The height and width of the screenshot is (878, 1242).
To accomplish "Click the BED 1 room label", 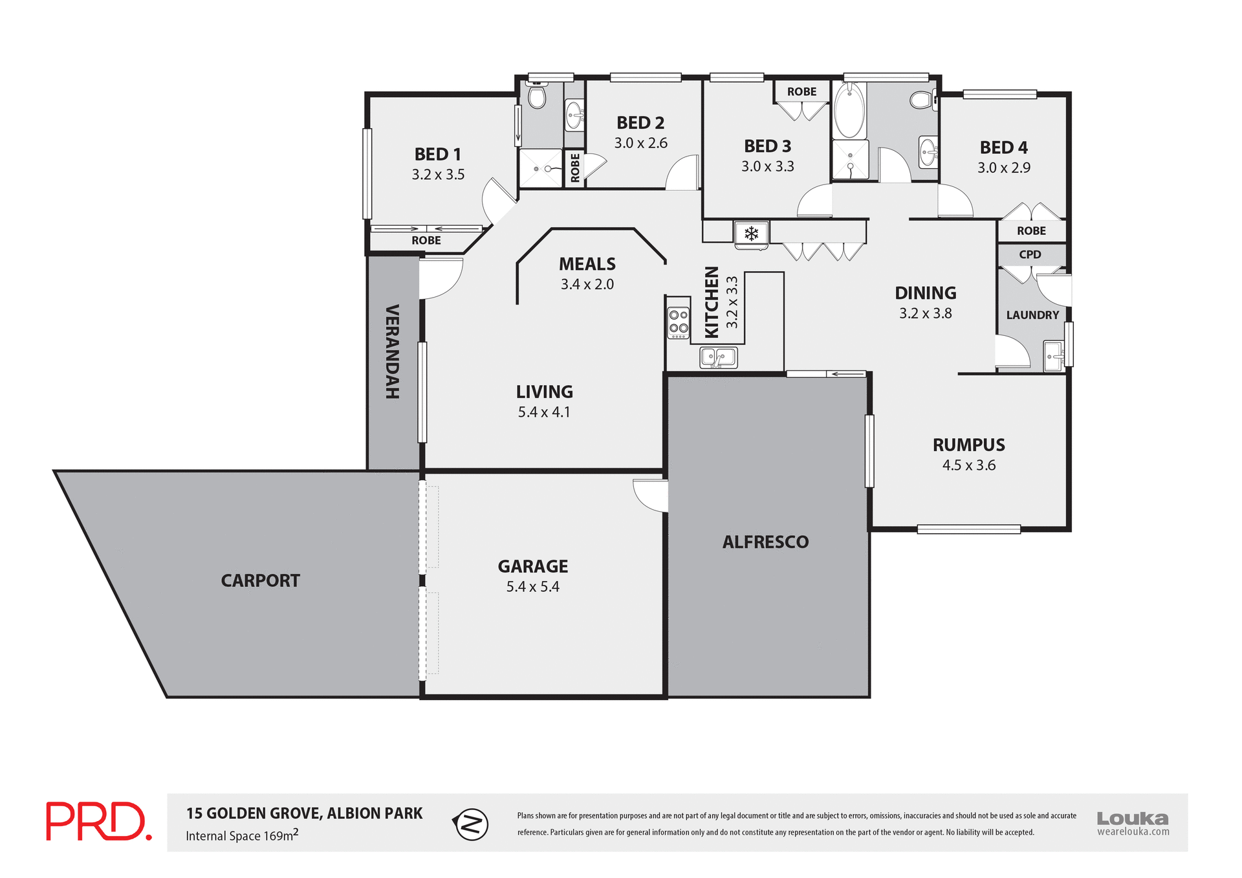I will click(437, 154).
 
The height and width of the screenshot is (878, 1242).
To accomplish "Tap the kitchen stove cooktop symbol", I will click(679, 322).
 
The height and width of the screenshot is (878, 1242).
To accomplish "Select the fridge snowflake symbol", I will click(751, 233).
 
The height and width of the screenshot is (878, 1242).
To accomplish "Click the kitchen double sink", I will click(718, 357).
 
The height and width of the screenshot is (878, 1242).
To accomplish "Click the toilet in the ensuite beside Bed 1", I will click(536, 97).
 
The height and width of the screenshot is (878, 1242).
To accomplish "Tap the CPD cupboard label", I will click(1030, 254).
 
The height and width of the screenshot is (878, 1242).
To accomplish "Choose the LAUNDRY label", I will click(1032, 315).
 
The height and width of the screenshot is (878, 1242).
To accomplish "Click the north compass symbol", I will click(472, 824).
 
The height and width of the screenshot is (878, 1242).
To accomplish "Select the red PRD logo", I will click(98, 822).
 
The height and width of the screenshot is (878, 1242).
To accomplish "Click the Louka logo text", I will click(1132, 818).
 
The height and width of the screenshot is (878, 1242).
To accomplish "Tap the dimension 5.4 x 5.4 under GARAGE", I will click(532, 587).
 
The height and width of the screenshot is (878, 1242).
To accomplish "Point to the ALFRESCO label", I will click(765, 542).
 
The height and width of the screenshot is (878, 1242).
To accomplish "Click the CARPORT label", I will click(260, 580).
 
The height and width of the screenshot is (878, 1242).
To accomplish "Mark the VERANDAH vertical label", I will click(392, 351).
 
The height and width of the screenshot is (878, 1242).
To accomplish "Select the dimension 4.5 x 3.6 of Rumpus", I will click(968, 465).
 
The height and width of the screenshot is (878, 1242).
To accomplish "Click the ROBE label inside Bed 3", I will click(801, 92).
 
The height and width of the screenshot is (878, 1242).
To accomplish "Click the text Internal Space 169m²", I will click(242, 835).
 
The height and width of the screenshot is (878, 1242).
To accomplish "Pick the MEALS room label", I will click(587, 264).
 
